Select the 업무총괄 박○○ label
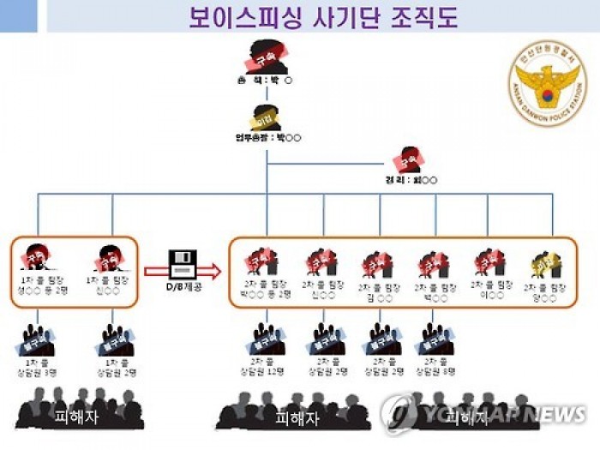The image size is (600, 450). tap(267, 137)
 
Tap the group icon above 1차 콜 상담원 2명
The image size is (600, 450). tap(117, 339)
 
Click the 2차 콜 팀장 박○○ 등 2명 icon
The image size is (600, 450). tap(261, 261)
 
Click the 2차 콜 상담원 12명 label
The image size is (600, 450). tap(266, 368)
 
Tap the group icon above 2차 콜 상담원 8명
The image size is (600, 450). tap(435, 339)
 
